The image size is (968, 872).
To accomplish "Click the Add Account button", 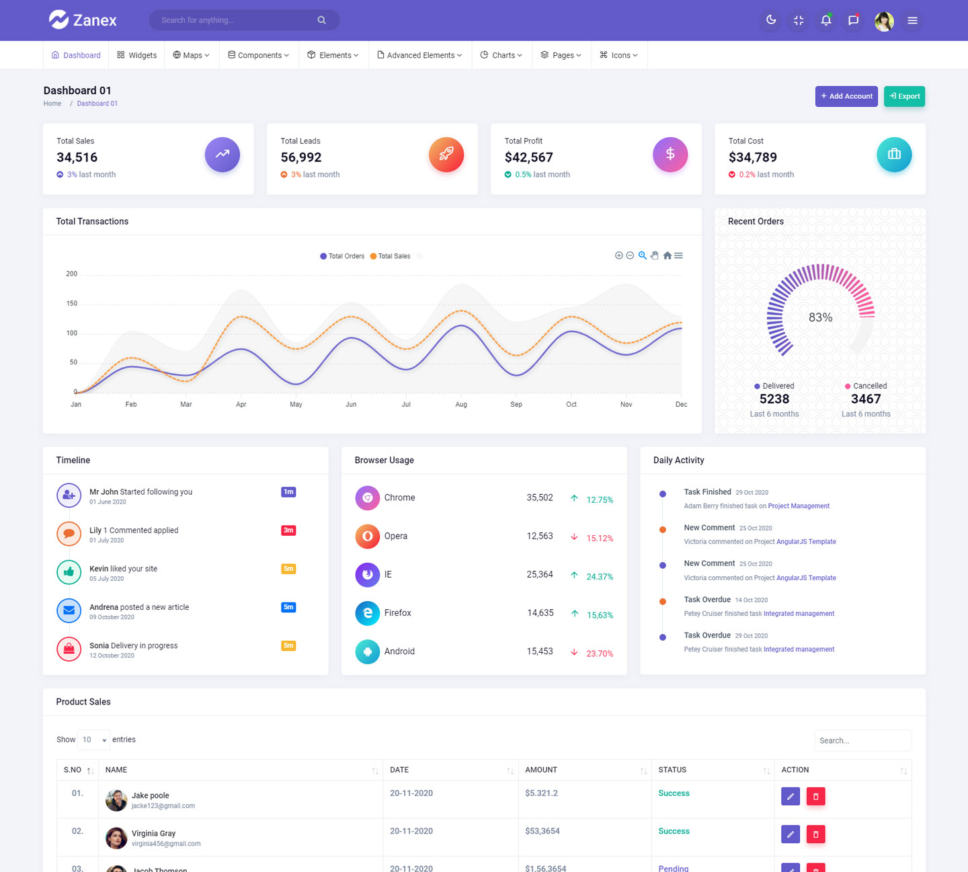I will [x=846, y=96].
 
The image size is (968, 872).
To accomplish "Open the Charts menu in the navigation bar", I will [x=501, y=55].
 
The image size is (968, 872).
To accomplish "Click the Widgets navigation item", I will [x=137, y=55].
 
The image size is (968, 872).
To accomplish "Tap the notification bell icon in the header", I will [x=826, y=20].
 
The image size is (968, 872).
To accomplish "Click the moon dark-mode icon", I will [x=771, y=20].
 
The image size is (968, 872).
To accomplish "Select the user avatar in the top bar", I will [x=884, y=21].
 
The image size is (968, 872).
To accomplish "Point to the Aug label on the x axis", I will [x=461, y=405].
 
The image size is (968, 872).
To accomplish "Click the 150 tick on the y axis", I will [x=72, y=304].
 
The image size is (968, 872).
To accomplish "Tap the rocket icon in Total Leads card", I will [x=446, y=155].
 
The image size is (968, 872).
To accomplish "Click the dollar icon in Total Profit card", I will [x=670, y=155].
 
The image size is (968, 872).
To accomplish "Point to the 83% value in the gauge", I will [x=820, y=317].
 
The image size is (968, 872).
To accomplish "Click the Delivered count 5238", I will [x=774, y=399].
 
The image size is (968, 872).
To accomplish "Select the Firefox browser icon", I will [x=368, y=613].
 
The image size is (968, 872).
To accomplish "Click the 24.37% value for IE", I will [x=600, y=577].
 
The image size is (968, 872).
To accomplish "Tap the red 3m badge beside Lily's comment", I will [x=288, y=530].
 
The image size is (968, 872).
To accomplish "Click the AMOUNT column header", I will [x=541, y=770].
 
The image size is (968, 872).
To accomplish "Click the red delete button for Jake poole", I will [x=815, y=796].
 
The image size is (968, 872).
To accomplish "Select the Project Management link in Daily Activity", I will [x=799, y=506].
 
